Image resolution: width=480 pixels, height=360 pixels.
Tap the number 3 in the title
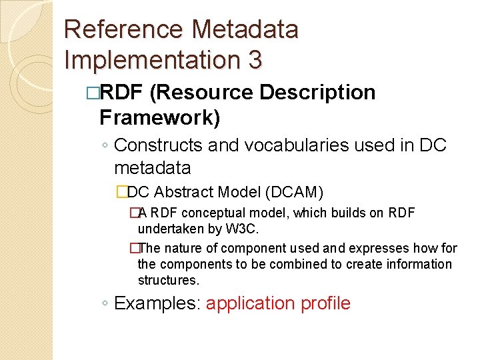[x=255, y=59]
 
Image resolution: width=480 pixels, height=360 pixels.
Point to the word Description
[x=317, y=93]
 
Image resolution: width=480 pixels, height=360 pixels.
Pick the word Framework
[x=155, y=118]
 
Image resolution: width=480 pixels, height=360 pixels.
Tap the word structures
[x=168, y=280]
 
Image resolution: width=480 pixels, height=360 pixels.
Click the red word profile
[x=325, y=303]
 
